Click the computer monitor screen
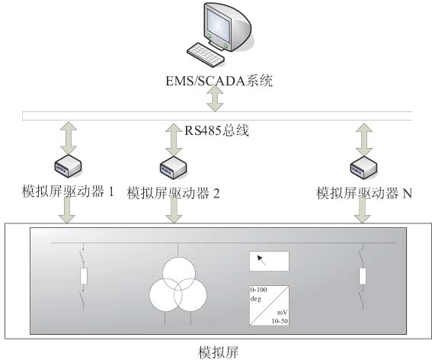(218, 26)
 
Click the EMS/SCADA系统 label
(219, 81)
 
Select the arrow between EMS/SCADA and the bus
(215, 98)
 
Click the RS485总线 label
(216, 130)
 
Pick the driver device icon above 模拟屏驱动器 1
(68, 166)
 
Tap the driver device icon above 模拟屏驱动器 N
(363, 167)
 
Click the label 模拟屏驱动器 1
(68, 191)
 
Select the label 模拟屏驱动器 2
(173, 193)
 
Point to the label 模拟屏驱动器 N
(364, 193)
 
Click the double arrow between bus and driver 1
(68, 138)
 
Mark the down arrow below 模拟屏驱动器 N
(363, 211)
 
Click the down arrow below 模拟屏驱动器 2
(174, 211)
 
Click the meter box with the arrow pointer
(269, 261)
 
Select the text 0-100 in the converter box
(258, 290)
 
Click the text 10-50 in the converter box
(280, 321)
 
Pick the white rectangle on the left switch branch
(84, 276)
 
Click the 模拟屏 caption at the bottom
(218, 352)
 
